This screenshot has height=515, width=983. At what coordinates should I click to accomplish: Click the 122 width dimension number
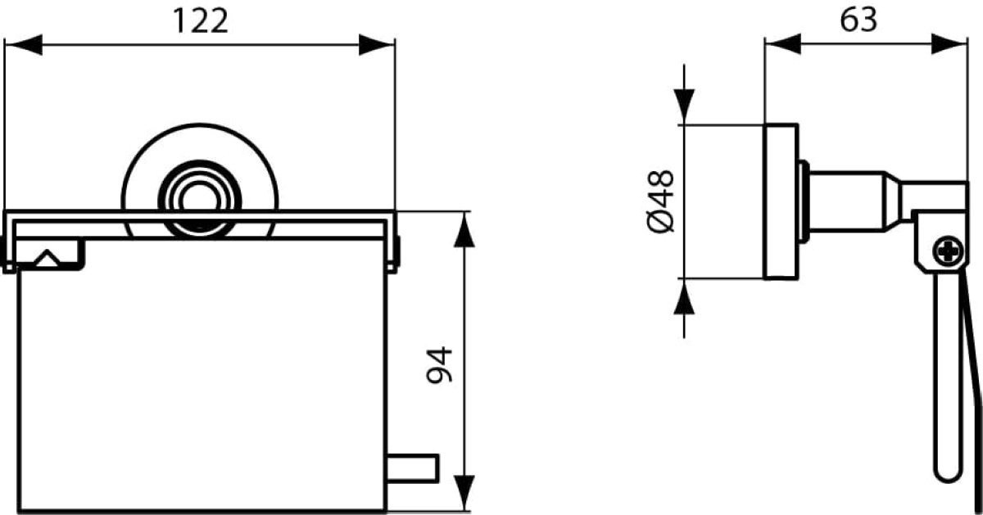tap(201, 21)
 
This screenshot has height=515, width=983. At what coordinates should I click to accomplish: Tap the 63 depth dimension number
tap(858, 20)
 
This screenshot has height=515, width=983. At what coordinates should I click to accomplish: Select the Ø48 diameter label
tap(661, 201)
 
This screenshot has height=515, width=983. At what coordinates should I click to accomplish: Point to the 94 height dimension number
tap(439, 365)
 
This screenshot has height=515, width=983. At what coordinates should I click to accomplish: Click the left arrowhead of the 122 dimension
tap(23, 45)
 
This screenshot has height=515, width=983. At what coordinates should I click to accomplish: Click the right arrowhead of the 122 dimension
tap(377, 45)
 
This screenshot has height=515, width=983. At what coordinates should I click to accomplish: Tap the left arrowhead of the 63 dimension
tap(783, 44)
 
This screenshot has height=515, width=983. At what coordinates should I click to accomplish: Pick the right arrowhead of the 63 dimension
tap(949, 44)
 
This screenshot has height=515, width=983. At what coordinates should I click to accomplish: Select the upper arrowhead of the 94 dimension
tap(464, 229)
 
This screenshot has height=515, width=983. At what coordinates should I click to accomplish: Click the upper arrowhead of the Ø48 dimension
tap(684, 106)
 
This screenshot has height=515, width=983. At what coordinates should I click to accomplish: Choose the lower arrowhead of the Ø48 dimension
tap(684, 296)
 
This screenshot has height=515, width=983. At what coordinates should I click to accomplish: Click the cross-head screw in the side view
tap(949, 251)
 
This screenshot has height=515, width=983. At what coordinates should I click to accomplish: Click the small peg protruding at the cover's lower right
tap(413, 468)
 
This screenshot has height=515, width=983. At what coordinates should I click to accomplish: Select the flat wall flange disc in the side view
tap(781, 201)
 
